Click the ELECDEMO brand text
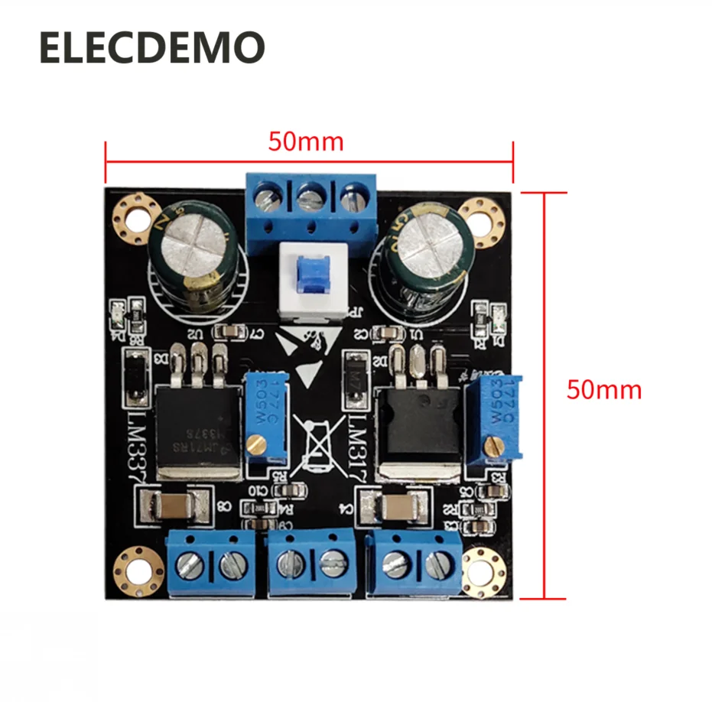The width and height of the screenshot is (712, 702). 151,48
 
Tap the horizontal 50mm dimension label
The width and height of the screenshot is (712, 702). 306,142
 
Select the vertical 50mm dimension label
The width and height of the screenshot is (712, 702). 604,390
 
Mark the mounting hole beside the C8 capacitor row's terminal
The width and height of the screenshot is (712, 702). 138,568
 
